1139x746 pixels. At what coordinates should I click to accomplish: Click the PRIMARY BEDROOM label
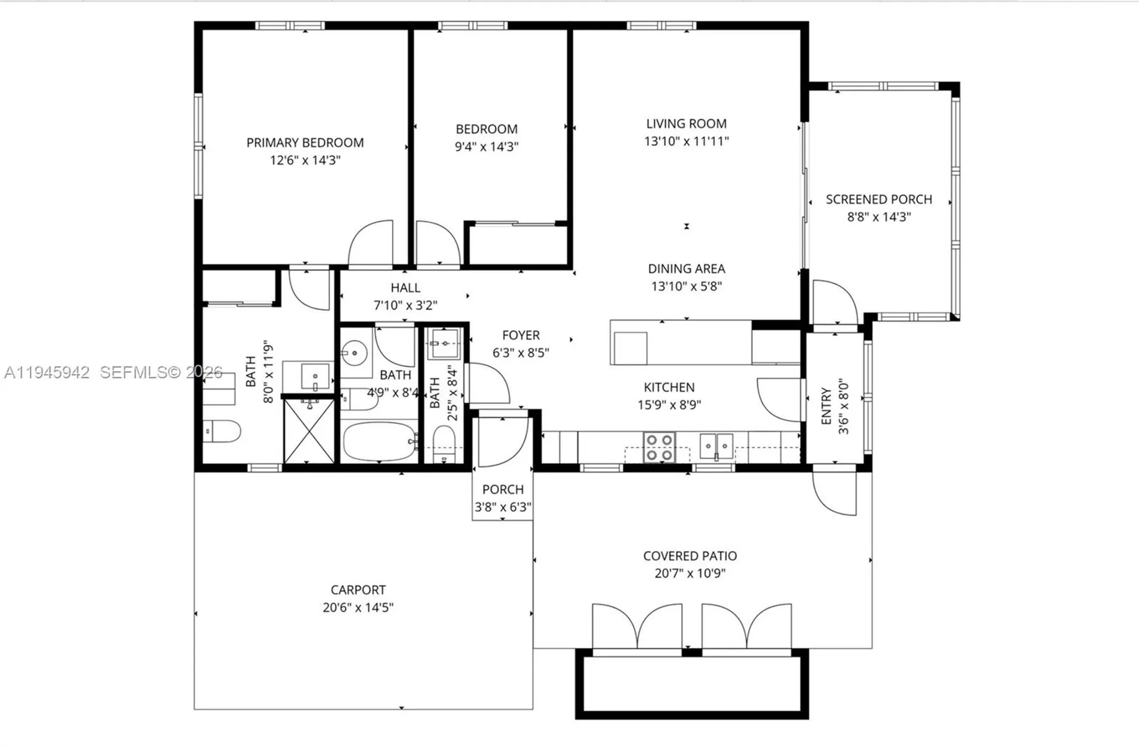305,143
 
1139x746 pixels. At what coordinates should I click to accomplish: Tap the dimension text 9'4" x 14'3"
486,146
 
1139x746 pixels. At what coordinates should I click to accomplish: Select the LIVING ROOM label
686,124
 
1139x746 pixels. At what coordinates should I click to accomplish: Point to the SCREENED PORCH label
879,199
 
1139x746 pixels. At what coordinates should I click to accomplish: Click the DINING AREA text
686,269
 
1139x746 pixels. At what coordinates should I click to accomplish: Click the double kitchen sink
716,445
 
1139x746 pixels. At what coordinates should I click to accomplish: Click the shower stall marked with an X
308,432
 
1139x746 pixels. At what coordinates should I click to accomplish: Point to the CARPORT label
358,590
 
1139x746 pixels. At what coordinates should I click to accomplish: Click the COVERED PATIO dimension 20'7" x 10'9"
690,573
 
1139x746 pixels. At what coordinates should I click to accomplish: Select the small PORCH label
502,490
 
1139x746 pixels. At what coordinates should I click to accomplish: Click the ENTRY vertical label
826,406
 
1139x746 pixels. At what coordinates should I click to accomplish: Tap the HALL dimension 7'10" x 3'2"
405,305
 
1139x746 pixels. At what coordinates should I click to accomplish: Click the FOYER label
521,336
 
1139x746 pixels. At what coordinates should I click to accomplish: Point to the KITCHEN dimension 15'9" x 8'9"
669,405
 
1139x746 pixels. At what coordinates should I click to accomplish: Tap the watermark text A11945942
47,372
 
